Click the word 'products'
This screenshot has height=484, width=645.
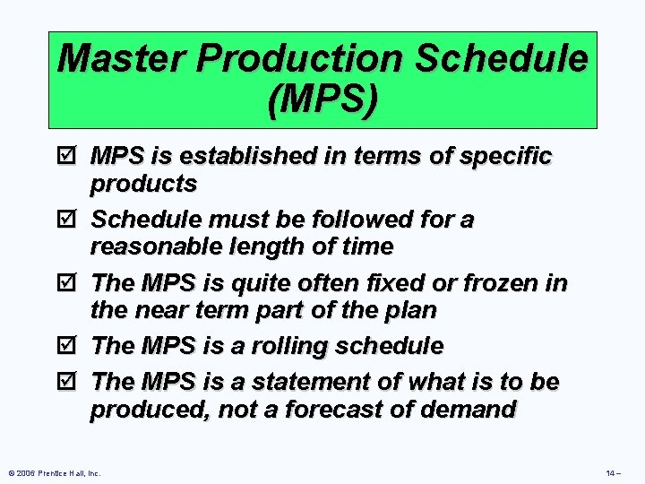coord(143,184)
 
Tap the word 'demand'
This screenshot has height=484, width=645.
coord(472,410)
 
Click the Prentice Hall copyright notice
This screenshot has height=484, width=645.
coord(54,471)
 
